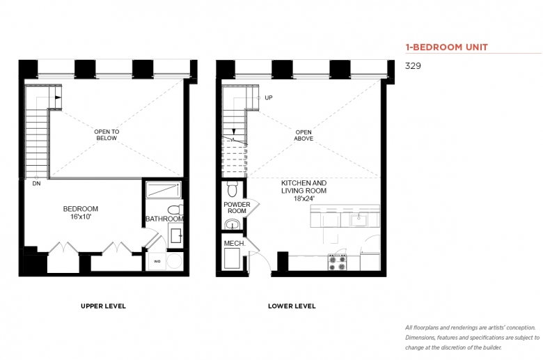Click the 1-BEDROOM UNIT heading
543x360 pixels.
pyautogui.click(x=446, y=47)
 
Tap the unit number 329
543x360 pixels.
pyautogui.click(x=413, y=66)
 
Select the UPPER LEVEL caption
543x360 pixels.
pyautogui.click(x=103, y=306)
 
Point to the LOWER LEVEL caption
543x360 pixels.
pyautogui.click(x=292, y=306)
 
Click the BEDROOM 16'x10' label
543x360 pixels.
pyautogui.click(x=80, y=213)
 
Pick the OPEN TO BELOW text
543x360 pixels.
pyautogui.click(x=107, y=135)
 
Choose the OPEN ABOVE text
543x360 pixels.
pyautogui.click(x=304, y=135)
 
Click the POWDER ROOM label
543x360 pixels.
pyautogui.click(x=237, y=208)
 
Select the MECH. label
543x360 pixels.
pyautogui.click(x=235, y=244)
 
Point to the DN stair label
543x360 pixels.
pyautogui.click(x=36, y=184)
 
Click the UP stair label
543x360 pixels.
pyautogui.click(x=269, y=97)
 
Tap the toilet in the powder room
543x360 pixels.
pyautogui.click(x=232, y=189)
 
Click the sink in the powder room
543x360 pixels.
pyautogui.click(x=232, y=224)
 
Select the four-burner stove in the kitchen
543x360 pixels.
pyautogui.click(x=338, y=263)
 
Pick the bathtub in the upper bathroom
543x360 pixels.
pyautogui.click(x=163, y=190)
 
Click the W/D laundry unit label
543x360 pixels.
pyautogui.click(x=157, y=261)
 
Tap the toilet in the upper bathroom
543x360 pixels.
pyautogui.click(x=175, y=210)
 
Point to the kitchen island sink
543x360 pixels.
pyautogui.click(x=359, y=219)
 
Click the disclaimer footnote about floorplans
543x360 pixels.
pyautogui.click(x=473, y=338)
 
